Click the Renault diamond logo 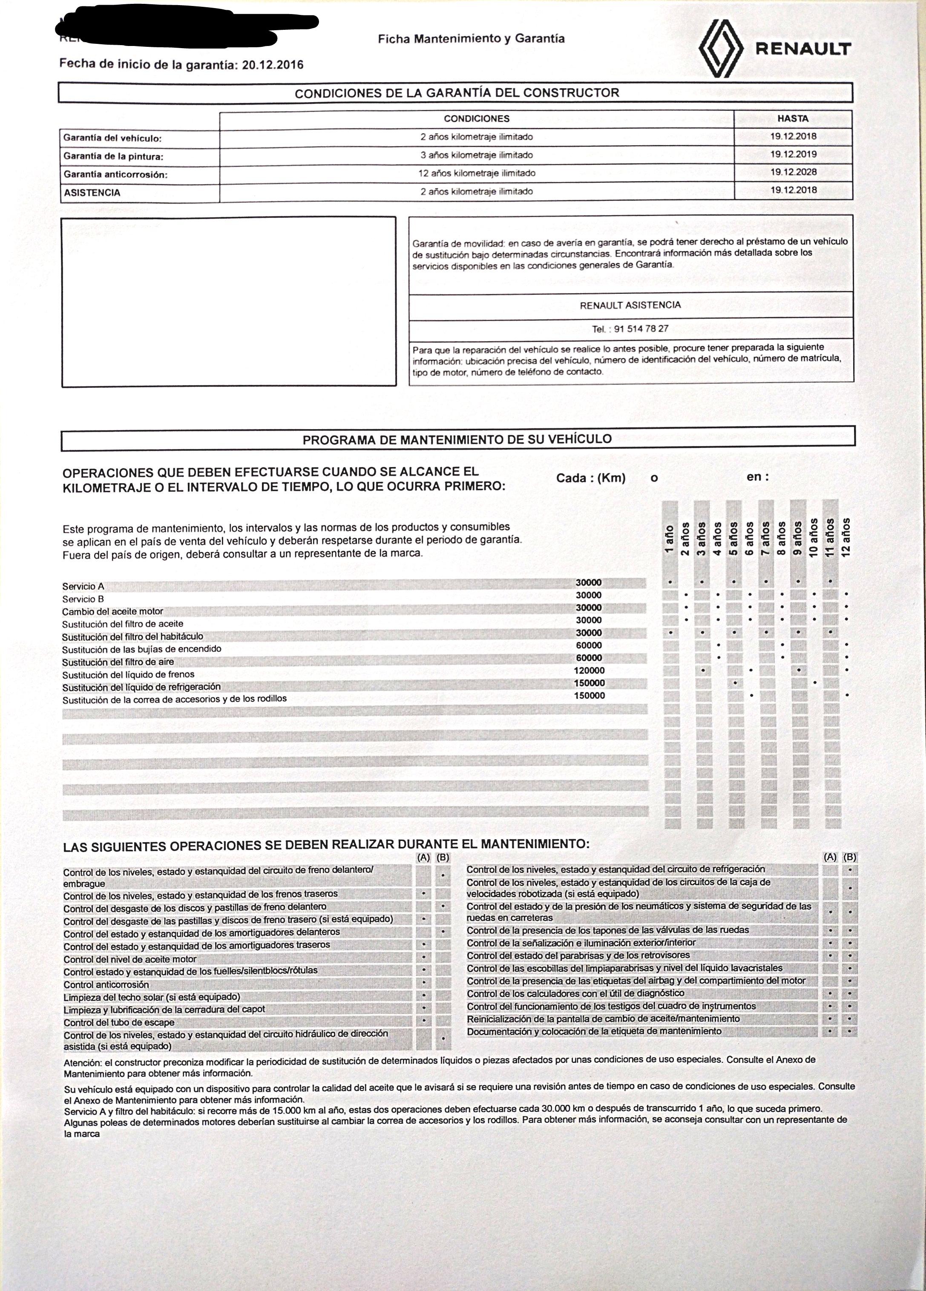point(722,47)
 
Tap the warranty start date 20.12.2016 point(272,65)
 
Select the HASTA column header point(792,119)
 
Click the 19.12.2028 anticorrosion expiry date point(793,172)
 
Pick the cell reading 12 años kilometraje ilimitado point(476,173)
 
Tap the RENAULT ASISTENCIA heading point(630,305)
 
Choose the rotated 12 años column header point(847,536)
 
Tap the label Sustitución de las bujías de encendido point(142,649)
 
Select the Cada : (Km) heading point(590,478)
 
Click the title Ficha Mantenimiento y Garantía point(471,39)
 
